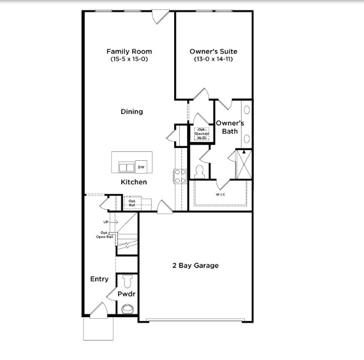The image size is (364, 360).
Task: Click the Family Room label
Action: [129, 52]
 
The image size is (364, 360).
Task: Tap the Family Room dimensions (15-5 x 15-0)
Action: [129, 59]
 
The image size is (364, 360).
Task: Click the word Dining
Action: [132, 112]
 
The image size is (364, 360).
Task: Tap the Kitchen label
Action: [134, 182]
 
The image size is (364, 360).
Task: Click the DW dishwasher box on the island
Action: [141, 167]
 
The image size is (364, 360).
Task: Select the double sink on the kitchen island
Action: [127, 167]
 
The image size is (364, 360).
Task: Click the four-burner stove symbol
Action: [180, 176]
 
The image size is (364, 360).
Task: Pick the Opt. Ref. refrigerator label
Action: [132, 203]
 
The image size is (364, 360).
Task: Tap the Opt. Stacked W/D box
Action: [201, 134]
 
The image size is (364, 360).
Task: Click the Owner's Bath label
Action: [230, 127]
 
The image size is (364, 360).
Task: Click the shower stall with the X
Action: [244, 165]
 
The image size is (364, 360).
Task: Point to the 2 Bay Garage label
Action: [195, 265]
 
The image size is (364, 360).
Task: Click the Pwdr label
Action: [127, 294]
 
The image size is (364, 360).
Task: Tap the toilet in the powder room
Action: [127, 280]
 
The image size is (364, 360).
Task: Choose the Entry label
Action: [100, 279]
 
